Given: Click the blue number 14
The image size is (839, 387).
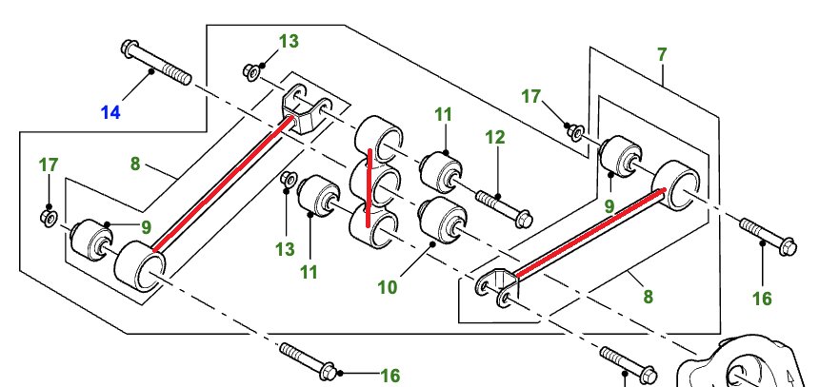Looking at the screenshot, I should (110, 113).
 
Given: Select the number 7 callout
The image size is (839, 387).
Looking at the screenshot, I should (662, 56).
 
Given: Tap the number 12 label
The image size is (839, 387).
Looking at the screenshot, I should (493, 137).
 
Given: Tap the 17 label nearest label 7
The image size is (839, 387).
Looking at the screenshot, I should (531, 96).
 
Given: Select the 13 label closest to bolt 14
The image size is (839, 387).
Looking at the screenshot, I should (288, 41).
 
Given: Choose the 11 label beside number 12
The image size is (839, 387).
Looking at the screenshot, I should (443, 114).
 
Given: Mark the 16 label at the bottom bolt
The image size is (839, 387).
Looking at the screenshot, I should (390, 376).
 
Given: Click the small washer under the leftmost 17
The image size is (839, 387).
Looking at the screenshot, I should (49, 218).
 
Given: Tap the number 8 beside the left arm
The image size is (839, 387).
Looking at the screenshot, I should (135, 164).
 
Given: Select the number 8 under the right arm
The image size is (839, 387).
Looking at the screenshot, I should (648, 297).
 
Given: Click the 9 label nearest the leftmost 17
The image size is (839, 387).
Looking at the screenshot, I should (146, 226).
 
